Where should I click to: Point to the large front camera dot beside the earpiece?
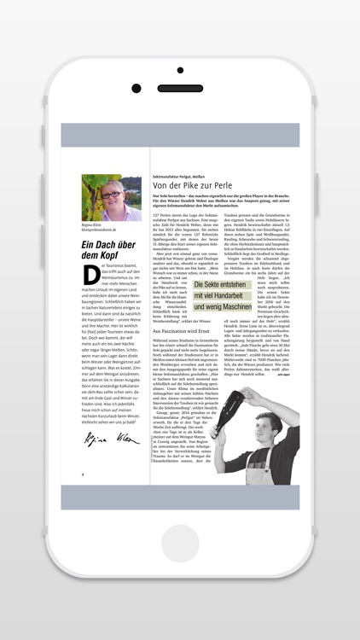[x=136, y=87]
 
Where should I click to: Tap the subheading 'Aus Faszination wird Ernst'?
[x=182, y=329]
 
